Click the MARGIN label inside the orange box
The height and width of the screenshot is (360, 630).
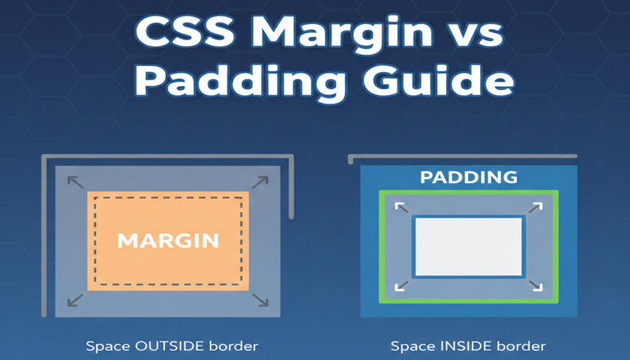pyautogui.click(x=168, y=241)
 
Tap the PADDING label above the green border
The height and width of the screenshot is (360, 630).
pyautogui.click(x=469, y=178)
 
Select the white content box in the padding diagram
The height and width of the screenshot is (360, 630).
pyautogui.click(x=469, y=246)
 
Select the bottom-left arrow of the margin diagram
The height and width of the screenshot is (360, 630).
pyautogui.click(x=75, y=300)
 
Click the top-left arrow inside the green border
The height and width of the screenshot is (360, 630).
pyautogui.click(x=400, y=207)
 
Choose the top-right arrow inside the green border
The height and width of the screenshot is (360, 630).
pyautogui.click(x=536, y=207)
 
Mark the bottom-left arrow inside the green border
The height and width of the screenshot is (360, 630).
pyautogui.click(x=401, y=286)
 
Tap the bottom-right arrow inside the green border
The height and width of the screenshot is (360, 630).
pyautogui.click(x=536, y=286)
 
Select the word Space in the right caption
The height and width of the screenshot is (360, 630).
pyautogui.click(x=408, y=346)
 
